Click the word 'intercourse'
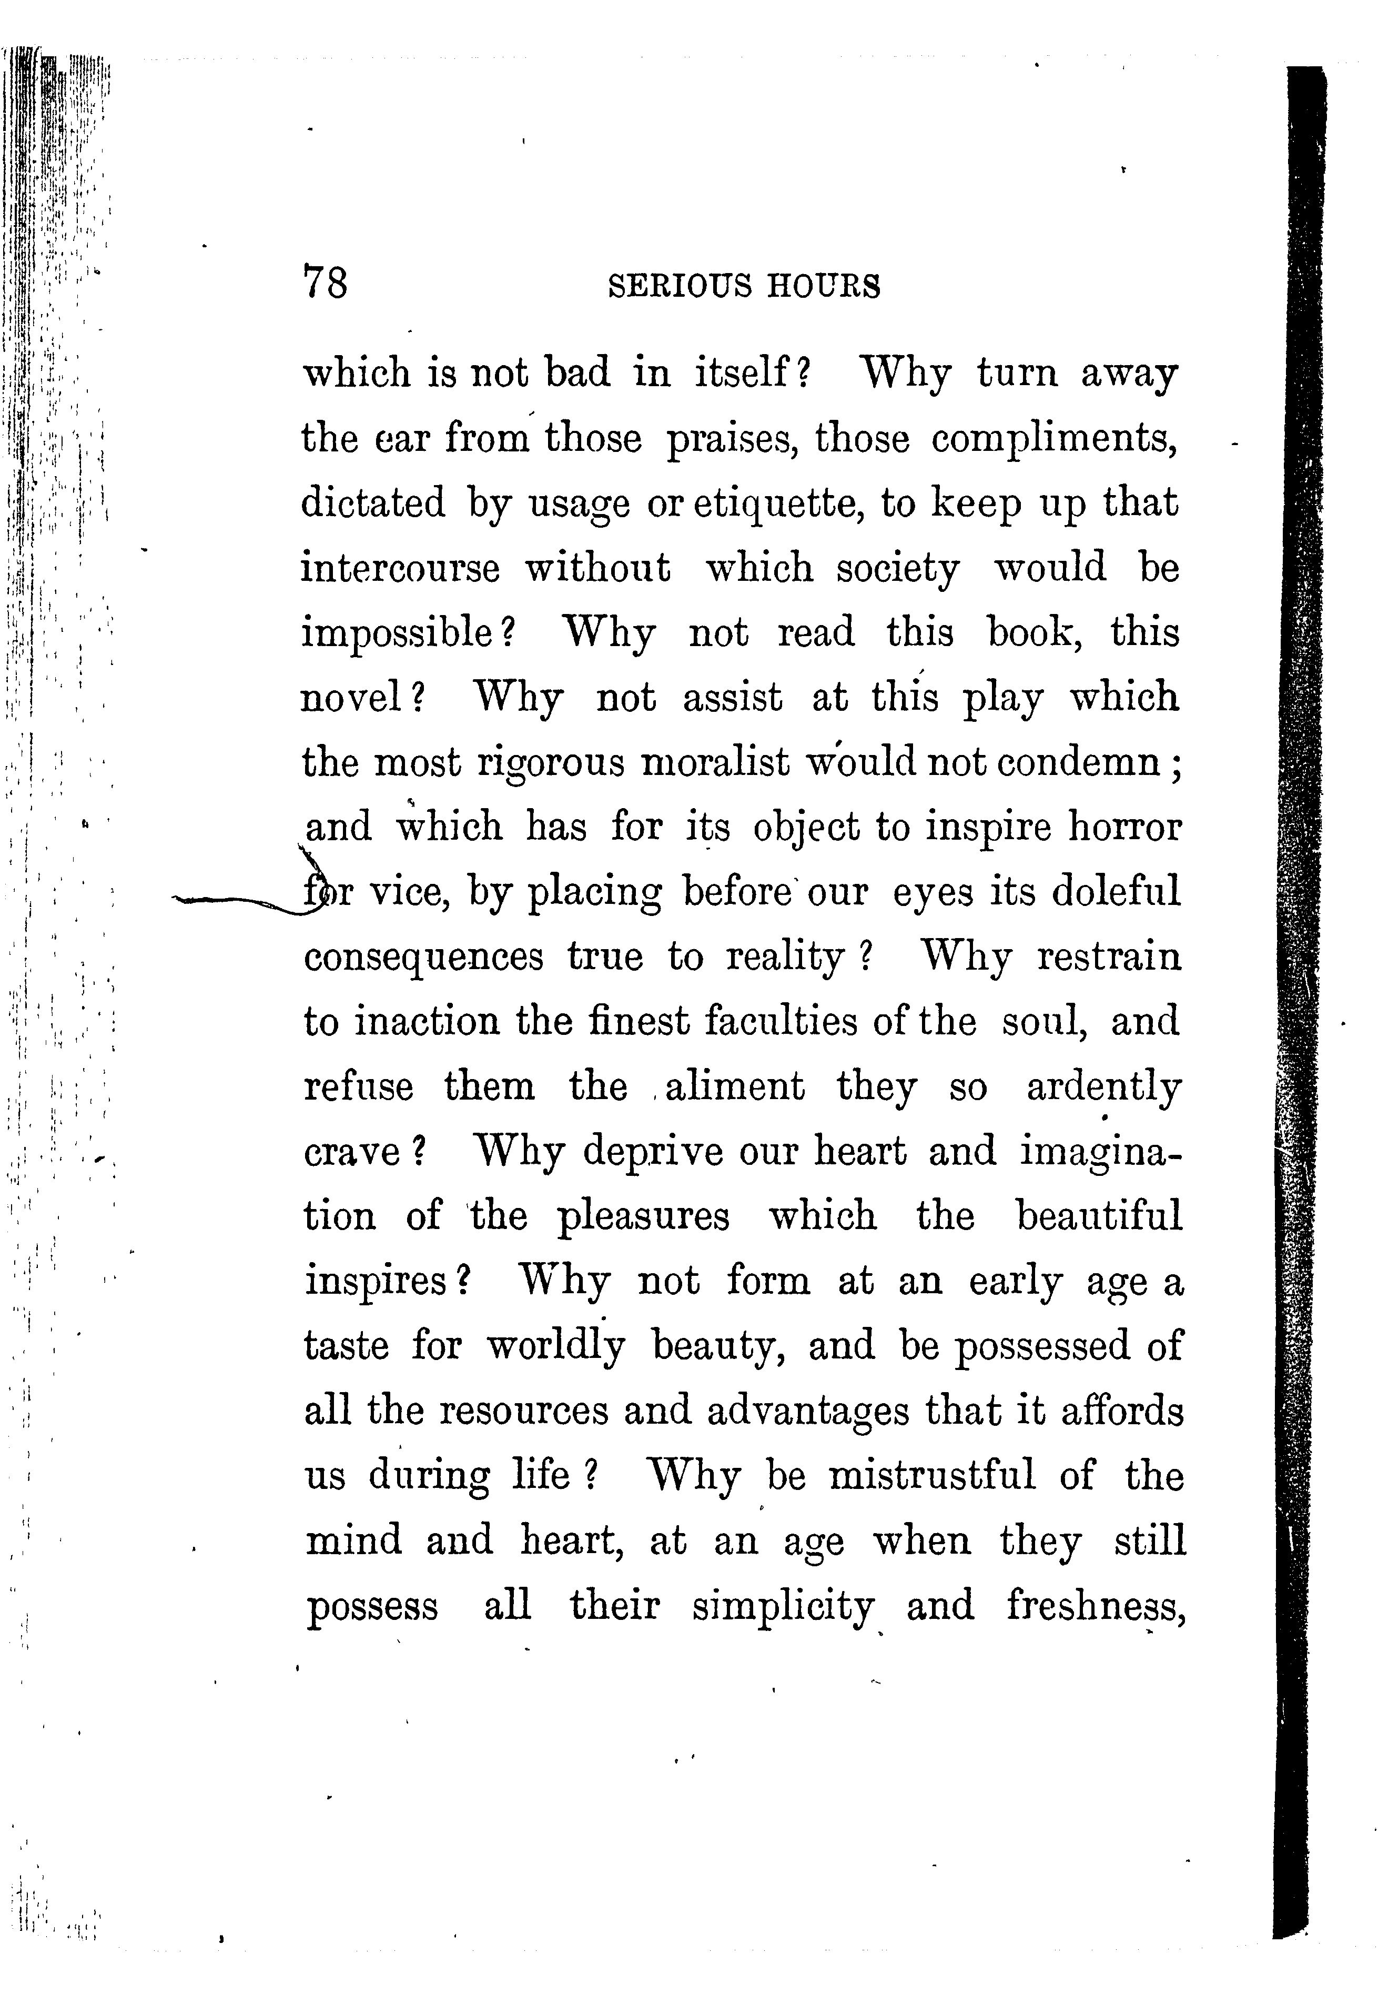[x=400, y=569]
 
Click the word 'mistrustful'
[x=931, y=1476]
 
